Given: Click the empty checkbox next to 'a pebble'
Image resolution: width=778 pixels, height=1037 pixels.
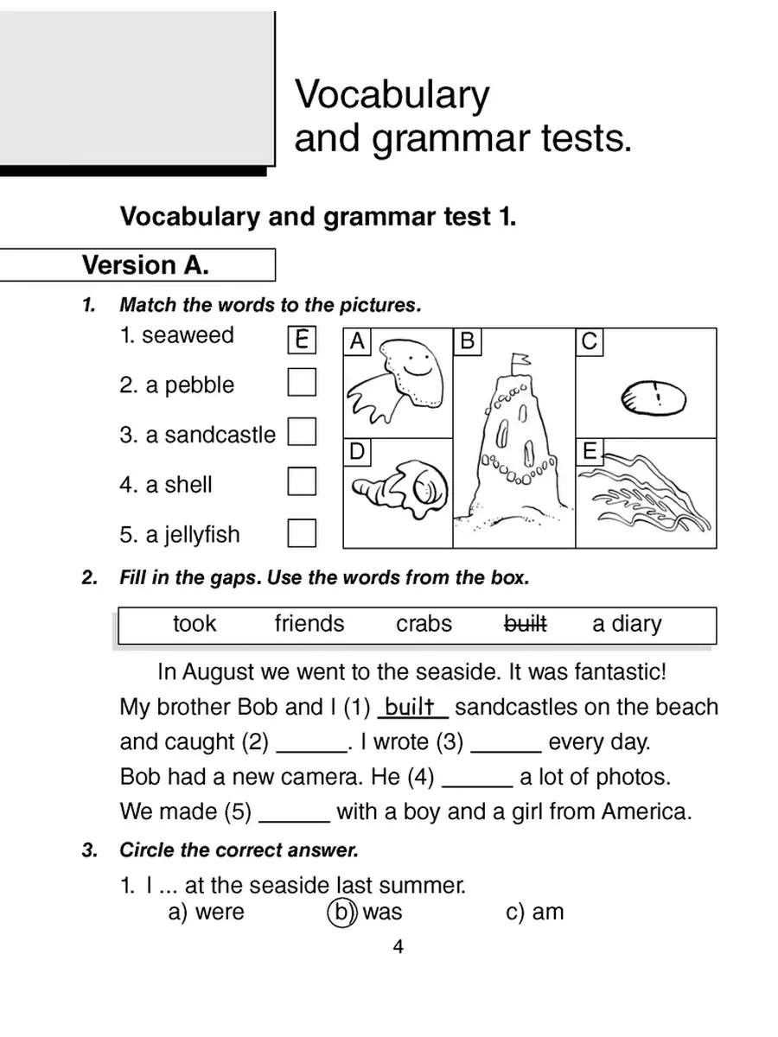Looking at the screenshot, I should point(302,382).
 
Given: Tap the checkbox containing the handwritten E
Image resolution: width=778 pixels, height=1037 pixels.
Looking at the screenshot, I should point(302,340).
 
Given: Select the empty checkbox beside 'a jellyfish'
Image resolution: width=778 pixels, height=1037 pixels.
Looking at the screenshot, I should point(302,532).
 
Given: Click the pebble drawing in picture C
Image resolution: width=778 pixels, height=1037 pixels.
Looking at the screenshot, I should point(654,398).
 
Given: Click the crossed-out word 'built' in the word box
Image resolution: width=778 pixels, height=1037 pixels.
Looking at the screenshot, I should point(525,624).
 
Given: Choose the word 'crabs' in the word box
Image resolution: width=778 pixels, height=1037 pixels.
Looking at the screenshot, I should point(424,624).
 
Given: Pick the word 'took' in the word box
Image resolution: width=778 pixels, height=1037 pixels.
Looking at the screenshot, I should point(194,624).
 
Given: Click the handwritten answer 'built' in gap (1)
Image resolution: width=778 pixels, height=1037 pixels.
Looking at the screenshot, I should point(413,708).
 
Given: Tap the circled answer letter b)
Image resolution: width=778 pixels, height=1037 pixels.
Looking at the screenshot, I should point(342,912).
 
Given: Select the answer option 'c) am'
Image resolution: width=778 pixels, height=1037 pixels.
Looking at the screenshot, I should point(534,912).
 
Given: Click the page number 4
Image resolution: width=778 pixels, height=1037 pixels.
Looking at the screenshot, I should point(398,947).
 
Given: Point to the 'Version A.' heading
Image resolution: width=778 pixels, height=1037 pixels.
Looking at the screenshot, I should point(145,265).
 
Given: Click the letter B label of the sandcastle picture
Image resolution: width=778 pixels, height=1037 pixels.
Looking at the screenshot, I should point(468,342).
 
